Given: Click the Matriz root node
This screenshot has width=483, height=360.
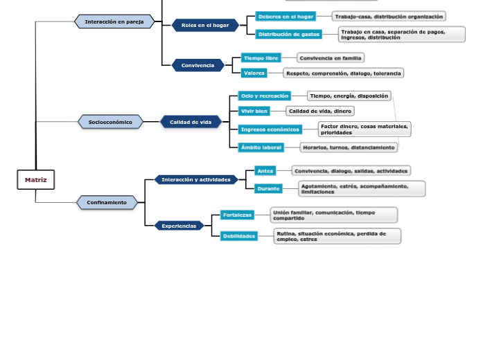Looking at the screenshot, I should coord(35,180).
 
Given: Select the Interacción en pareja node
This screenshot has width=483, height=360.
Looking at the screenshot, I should coord(114,21).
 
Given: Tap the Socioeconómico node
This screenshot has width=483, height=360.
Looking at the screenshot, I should coord(110,122).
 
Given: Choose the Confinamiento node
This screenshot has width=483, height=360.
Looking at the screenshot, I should coord(107,203).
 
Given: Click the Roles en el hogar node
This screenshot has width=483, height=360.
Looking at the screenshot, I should coord(205,25).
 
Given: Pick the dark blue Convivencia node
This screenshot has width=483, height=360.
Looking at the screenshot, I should coord(198,65).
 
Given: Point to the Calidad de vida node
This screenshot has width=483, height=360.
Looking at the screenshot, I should coord(191,122).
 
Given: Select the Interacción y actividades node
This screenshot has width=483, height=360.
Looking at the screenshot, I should coord(196,179).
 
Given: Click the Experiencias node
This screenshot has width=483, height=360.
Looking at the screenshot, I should coord(179,226).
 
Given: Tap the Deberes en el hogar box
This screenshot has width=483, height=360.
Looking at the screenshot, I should coord(286,16).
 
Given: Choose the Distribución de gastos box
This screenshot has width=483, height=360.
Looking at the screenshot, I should coord(288,34).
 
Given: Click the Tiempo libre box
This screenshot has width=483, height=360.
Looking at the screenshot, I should coord(261,58).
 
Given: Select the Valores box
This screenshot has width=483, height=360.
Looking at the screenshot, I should coord(254,73).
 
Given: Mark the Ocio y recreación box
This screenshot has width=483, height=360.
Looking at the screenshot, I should coord(264,96).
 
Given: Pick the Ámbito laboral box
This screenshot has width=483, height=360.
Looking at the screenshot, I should coord(261,147).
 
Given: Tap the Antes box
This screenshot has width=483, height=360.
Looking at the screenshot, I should coord(265,170).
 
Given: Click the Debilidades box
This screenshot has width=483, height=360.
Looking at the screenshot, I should coord(238,236).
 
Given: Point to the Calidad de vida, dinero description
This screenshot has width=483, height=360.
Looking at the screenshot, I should coord(319,111).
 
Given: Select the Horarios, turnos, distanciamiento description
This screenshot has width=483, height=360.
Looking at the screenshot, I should coord(349,147).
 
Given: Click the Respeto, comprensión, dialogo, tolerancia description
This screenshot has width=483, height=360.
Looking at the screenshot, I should coord(342,73).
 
